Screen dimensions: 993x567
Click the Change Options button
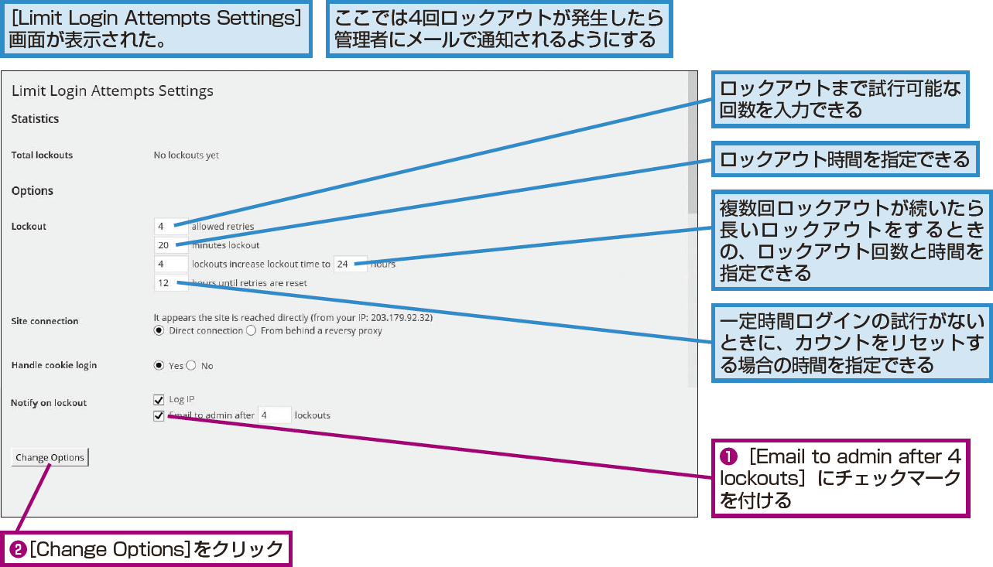pyautogui.click(x=50, y=457)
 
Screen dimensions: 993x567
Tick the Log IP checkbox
pyautogui.click(x=159, y=400)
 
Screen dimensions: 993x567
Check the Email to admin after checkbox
pyautogui.click(x=159, y=416)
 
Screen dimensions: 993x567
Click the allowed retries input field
pyautogui.click(x=171, y=227)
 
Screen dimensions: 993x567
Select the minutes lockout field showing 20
pyautogui.click(x=171, y=245)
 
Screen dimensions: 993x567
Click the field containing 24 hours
pyautogui.click(x=350, y=264)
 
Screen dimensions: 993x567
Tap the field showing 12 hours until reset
pyautogui.click(x=171, y=282)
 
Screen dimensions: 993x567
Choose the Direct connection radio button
pyautogui.click(x=159, y=330)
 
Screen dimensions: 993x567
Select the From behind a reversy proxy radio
pyautogui.click(x=251, y=330)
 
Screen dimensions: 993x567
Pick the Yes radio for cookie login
pyautogui.click(x=159, y=365)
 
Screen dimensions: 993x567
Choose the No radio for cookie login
pyautogui.click(x=191, y=365)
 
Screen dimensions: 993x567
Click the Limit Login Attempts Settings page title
pyautogui.click(x=112, y=91)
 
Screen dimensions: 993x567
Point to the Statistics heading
pyautogui.click(x=35, y=118)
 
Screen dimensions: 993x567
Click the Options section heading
pyautogui.click(x=33, y=190)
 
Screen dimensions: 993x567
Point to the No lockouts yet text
pyautogui.click(x=187, y=155)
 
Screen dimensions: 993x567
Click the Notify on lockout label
pyautogui.click(x=49, y=403)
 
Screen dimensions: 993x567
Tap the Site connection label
pyautogui.click(x=45, y=321)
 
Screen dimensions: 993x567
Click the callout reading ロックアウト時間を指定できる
pyautogui.click(x=845, y=159)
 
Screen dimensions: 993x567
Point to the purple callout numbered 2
pyautogui.click(x=146, y=549)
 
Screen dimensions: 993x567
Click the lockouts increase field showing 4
pyautogui.click(x=171, y=264)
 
